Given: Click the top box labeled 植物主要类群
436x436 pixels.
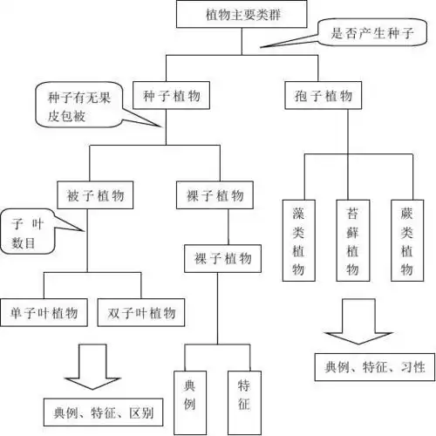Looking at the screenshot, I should pyautogui.click(x=229, y=15).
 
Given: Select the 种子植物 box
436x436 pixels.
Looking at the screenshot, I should pyautogui.click(x=168, y=96).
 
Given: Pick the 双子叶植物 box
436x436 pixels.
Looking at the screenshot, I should pyautogui.click(x=142, y=311).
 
